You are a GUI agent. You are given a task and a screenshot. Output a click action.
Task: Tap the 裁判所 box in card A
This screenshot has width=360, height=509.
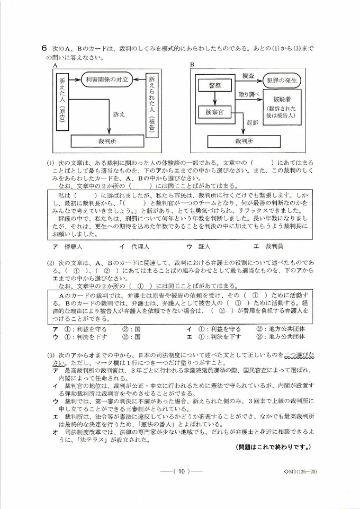click(107, 141)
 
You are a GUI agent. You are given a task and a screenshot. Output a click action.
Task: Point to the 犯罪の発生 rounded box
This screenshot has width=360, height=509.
click(284, 81)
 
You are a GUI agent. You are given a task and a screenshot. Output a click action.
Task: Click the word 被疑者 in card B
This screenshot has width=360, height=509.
click(284, 100)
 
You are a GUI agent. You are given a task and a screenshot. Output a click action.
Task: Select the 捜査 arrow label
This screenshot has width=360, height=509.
click(248, 75)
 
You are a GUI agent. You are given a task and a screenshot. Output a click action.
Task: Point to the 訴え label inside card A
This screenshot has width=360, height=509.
click(119, 113)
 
